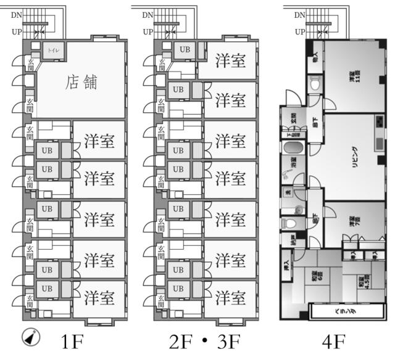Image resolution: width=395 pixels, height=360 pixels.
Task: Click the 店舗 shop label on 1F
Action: pyautogui.click(x=82, y=82)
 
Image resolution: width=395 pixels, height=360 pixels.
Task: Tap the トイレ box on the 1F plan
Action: pyautogui.click(x=51, y=51)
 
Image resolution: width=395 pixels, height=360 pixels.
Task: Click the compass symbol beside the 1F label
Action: pyautogui.click(x=30, y=337)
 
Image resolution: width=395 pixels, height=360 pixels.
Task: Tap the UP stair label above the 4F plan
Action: pyautogui.click(x=299, y=31)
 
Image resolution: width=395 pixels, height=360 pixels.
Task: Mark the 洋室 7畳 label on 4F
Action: pyautogui.click(x=352, y=222)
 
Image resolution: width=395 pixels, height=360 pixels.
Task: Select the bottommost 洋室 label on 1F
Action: pyautogui.click(x=99, y=298)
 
